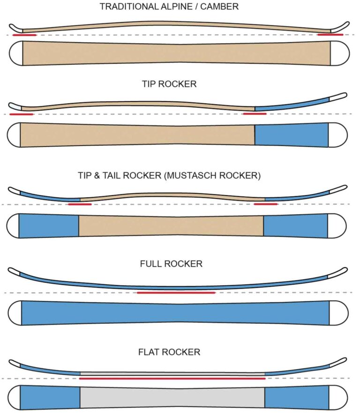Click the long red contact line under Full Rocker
tap(176, 292)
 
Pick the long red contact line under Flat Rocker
tap(172, 378)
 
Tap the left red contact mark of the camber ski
tap(24, 35)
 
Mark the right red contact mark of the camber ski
tap(330, 34)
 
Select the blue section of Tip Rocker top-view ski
tap(291, 135)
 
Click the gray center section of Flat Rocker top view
tap(172, 397)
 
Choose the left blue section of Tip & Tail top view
tap(49, 225)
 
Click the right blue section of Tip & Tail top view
tap(295, 225)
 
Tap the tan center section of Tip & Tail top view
tap(171, 225)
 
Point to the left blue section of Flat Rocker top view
tap(50, 397)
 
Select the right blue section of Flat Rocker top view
tap(296, 397)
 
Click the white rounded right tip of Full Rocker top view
tap(338, 313)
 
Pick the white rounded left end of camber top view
tap(15, 52)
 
